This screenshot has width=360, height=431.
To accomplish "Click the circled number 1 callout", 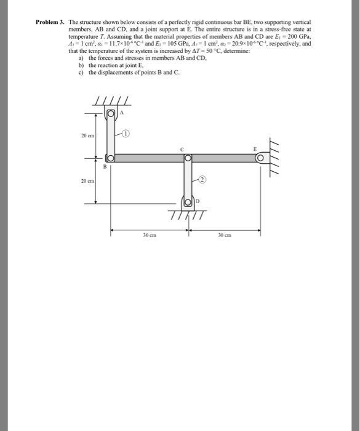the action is pyautogui.click(x=125, y=133).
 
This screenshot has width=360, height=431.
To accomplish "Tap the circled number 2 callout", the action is pyautogui.click(x=204, y=179).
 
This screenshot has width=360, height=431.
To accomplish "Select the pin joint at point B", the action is pyautogui.click(x=111, y=158).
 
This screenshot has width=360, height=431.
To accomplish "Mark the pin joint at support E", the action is pyautogui.click(x=260, y=158).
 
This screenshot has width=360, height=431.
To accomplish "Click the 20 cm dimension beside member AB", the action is pyautogui.click(x=86, y=135).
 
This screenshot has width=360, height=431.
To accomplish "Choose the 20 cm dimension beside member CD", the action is pyautogui.click(x=86, y=181).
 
